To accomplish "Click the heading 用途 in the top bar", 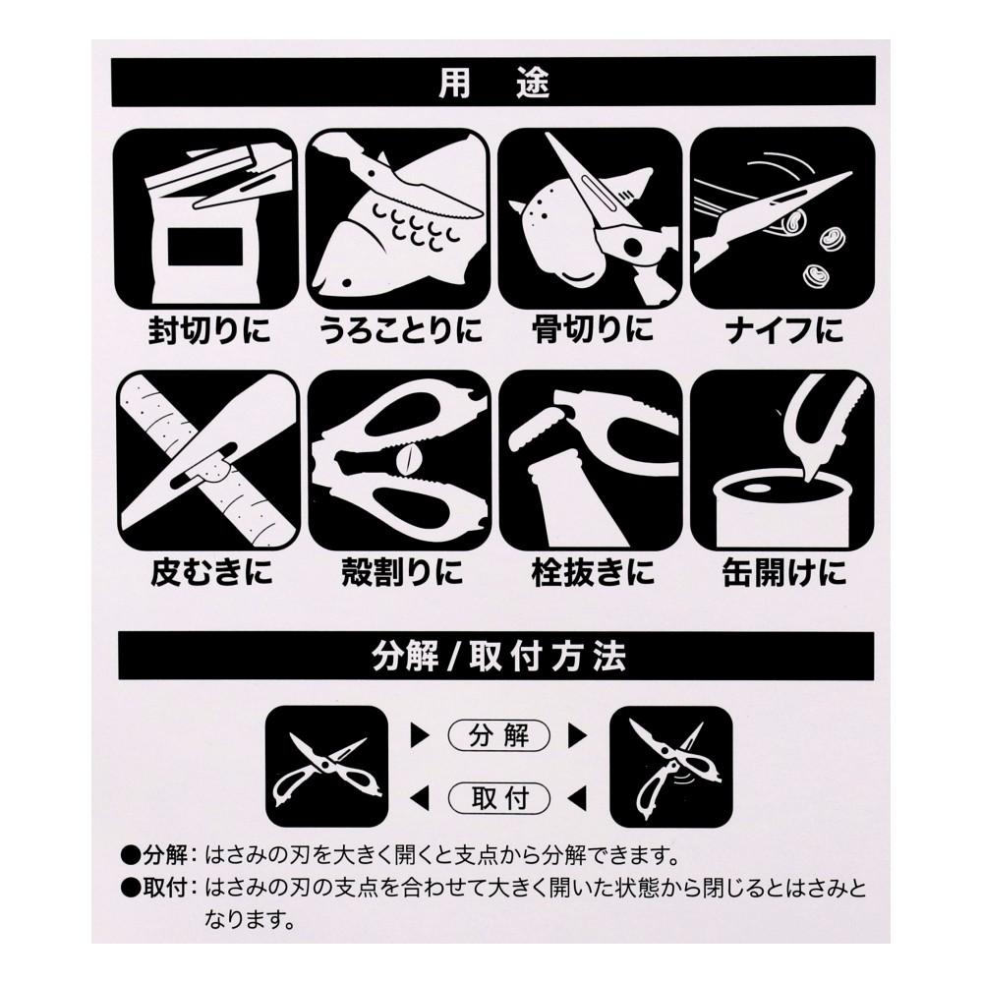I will tap(492, 83).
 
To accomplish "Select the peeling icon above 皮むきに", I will tap(206, 459).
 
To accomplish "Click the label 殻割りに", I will tap(399, 571).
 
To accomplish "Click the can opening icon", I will tap(782, 459).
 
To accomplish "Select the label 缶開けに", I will tap(783, 571).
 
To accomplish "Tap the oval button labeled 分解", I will tap(499, 734).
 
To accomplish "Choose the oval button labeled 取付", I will tap(499, 795).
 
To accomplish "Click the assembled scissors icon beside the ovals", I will tap(325, 765).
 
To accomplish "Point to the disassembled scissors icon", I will tap(670, 765).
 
